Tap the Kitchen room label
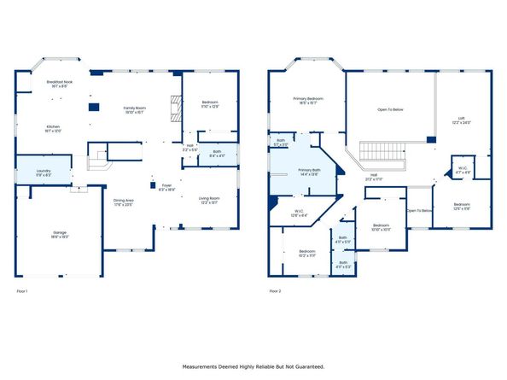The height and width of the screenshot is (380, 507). (x=54, y=128)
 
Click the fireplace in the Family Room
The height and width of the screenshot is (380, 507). (x=176, y=108)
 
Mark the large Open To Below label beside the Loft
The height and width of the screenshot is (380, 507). (x=391, y=109)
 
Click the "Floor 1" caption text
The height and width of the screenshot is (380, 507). (x=22, y=291)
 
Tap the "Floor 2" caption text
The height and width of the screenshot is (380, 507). (x=275, y=291)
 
